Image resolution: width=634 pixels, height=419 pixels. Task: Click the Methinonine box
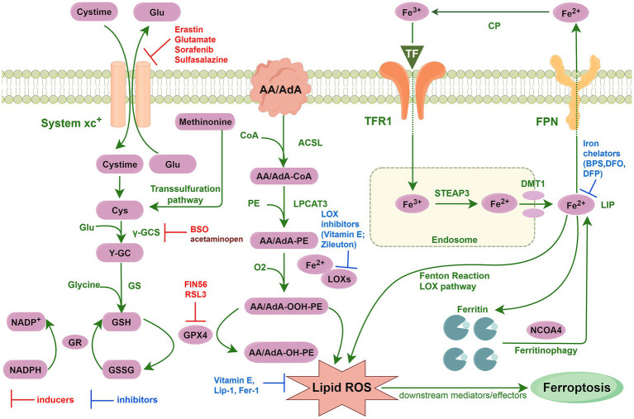pyautogui.click(x=207, y=122)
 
